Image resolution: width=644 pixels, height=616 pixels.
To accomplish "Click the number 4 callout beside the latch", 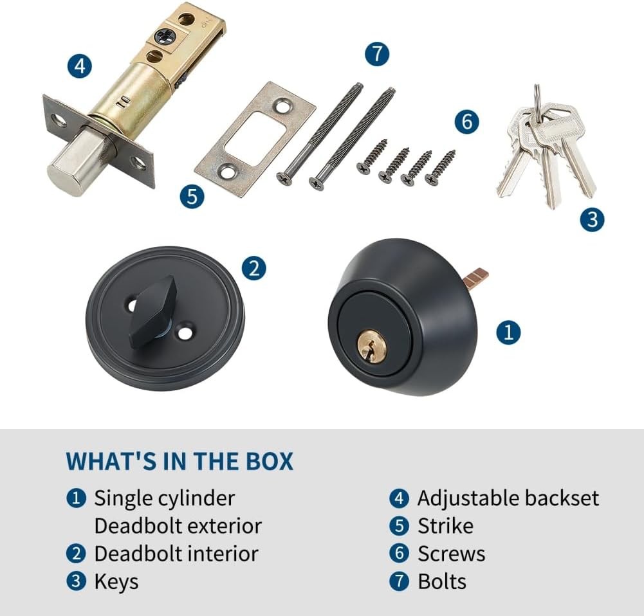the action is coord(80,66).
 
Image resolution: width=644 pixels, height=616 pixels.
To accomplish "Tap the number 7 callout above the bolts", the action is coord(377,53).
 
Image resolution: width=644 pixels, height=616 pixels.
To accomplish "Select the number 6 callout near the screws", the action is coord(467,122).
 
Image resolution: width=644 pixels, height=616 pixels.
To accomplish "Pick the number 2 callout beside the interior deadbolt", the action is coord(254,268).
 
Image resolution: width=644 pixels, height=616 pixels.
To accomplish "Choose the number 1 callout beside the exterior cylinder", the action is coord(508,332).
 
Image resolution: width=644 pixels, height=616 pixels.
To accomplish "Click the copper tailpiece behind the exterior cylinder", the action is coord(475,276).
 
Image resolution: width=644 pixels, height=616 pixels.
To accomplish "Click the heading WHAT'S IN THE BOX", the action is coord(179,461).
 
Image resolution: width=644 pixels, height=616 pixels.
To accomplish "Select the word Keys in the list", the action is coord(116,581).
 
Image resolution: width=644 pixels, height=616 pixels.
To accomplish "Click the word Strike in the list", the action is coord(445,526).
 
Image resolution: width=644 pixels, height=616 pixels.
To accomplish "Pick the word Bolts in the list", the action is coord(442,581).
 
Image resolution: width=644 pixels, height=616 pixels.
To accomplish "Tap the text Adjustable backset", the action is coord(508,498).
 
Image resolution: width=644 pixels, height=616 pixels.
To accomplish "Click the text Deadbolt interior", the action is coord(176,554).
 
